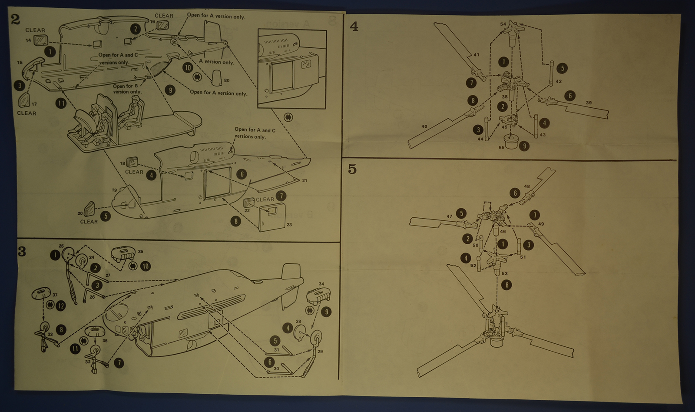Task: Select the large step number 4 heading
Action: coord(354,27)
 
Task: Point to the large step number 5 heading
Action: coord(352,169)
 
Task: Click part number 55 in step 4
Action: coord(502,148)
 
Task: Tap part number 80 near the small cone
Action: coord(227,80)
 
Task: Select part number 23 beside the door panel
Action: coord(289,225)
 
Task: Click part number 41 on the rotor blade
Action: coord(476,55)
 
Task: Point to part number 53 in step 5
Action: coord(504,274)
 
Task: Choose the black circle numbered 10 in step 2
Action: coord(188,67)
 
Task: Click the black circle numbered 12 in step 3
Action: coord(60,306)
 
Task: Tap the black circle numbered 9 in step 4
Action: coord(524,146)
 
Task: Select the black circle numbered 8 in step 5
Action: coord(506,285)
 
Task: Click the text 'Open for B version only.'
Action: coord(127,89)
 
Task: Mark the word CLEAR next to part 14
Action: coord(35,30)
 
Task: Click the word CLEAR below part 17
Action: coord(26,113)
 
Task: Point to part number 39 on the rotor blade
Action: coord(589,103)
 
